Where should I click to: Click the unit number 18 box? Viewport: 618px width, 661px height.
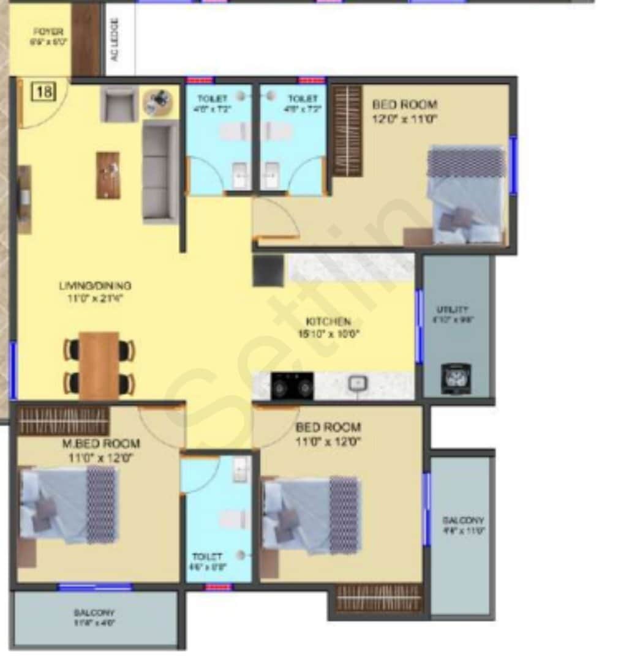[x=43, y=92]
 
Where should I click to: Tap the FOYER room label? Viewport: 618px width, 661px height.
[x=48, y=32]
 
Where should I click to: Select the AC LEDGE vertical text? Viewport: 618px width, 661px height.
[x=115, y=39]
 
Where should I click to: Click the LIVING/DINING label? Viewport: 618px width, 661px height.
[x=95, y=286]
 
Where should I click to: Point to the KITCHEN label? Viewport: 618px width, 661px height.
[x=329, y=321]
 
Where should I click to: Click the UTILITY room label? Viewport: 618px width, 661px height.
[x=456, y=310]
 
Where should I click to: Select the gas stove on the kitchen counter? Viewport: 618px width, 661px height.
[x=292, y=386]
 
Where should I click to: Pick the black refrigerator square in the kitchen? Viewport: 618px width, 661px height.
[x=268, y=271]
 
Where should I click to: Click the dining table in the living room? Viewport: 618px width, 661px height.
[x=99, y=365]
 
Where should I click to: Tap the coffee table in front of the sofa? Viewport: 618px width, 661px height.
[x=108, y=175]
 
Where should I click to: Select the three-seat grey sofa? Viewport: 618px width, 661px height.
[x=160, y=171]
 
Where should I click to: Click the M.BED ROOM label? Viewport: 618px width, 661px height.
[x=100, y=443]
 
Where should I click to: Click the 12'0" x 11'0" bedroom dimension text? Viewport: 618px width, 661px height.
[x=404, y=119]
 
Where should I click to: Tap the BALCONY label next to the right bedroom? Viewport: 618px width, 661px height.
[x=463, y=520]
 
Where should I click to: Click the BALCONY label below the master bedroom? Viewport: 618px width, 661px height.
[x=94, y=613]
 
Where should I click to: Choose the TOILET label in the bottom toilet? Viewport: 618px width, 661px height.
[x=207, y=556]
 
